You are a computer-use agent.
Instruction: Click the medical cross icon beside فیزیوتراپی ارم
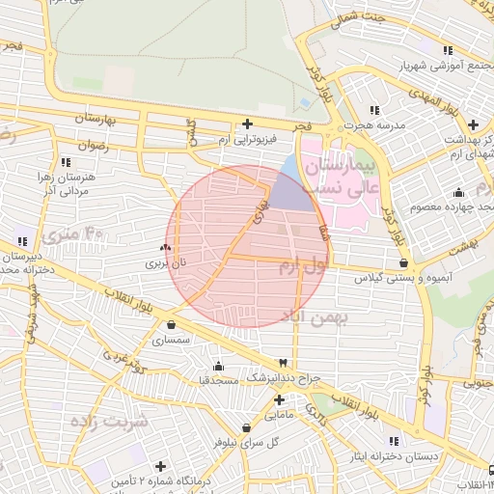click(248, 123)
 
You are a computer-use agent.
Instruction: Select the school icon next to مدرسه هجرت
click(373, 110)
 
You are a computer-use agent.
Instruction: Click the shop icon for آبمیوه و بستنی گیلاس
click(402, 261)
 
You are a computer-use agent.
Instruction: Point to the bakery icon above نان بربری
click(164, 248)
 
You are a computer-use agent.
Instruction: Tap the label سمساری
click(171, 340)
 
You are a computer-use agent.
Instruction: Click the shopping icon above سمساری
click(171, 325)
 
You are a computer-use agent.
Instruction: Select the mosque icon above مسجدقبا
click(219, 366)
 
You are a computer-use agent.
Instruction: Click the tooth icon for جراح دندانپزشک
click(282, 362)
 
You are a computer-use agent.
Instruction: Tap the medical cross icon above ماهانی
click(279, 398)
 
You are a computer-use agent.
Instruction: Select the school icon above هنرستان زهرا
click(66, 162)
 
